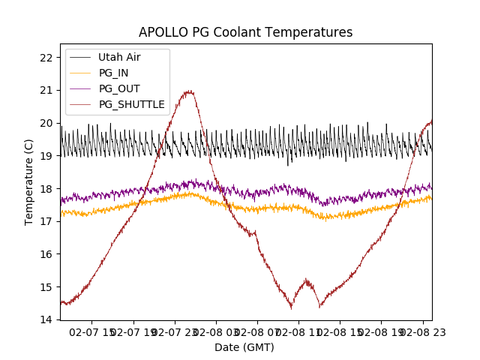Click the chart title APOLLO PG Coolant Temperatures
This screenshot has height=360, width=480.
click(x=245, y=33)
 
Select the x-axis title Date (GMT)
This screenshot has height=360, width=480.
click(x=244, y=347)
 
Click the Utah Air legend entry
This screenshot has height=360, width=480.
click(x=118, y=58)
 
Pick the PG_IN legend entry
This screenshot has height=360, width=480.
click(x=113, y=73)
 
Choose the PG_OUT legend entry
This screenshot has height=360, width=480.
click(x=118, y=88)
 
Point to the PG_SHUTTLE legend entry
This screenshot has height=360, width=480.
click(x=131, y=104)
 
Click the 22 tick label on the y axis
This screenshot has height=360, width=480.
click(x=46, y=58)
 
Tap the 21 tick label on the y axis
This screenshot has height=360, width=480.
click(x=46, y=91)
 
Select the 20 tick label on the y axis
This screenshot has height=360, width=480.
click(x=46, y=123)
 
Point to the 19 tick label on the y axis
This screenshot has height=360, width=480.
click(x=46, y=156)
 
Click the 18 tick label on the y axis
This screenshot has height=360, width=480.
click(x=46, y=189)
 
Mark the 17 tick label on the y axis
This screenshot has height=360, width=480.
click(x=46, y=221)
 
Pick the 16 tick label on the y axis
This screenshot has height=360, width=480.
click(x=46, y=254)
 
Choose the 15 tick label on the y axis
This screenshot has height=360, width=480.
click(x=46, y=287)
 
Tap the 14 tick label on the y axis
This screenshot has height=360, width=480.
click(x=46, y=319)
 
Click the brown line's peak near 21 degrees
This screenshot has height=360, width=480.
click(x=189, y=91)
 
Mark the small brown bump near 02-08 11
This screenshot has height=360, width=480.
click(x=306, y=282)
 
